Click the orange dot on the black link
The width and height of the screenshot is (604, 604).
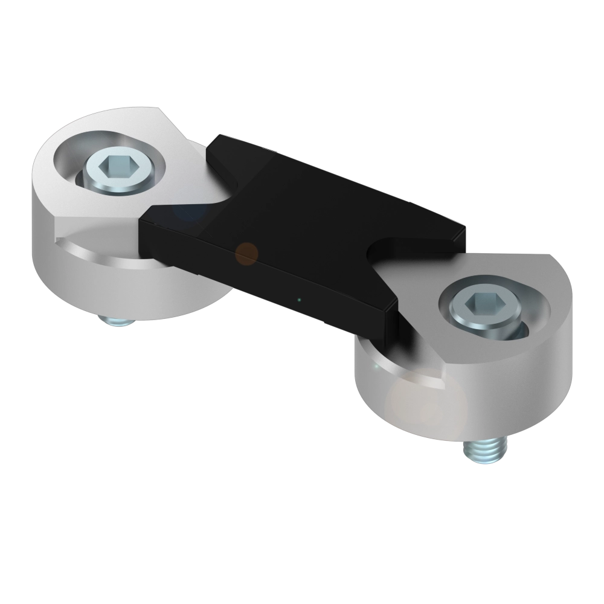coord(246,254)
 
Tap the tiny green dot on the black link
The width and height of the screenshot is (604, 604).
coord(299,299)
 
